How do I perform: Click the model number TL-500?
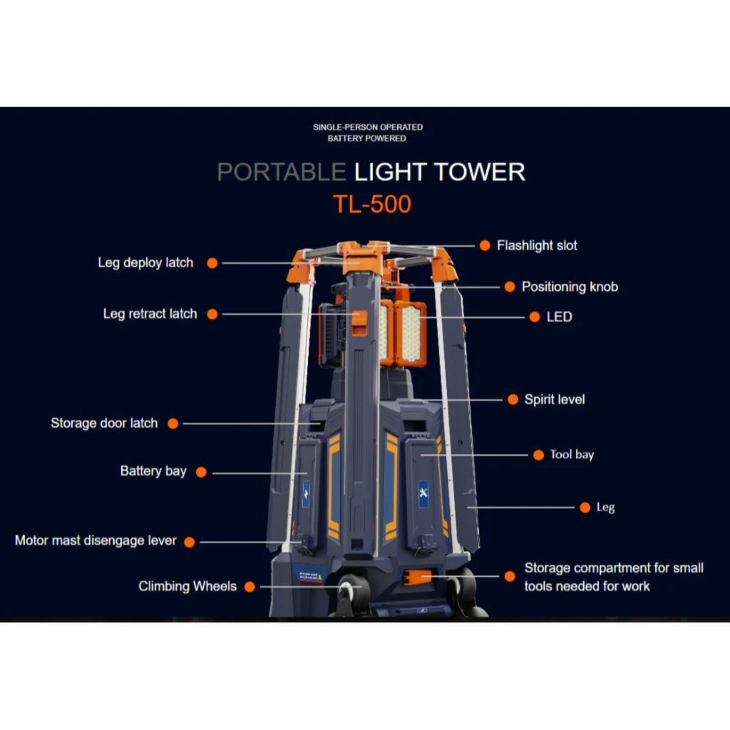click(371, 205)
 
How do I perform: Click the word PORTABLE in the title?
click(281, 172)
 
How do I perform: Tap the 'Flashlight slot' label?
click(537, 245)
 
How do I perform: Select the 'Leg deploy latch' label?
click(145, 262)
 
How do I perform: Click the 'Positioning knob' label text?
click(570, 287)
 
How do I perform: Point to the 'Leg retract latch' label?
click(150, 314)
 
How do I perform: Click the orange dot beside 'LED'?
click(535, 317)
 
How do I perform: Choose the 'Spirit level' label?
click(554, 399)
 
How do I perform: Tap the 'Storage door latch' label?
click(104, 423)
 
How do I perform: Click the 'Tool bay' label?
click(572, 454)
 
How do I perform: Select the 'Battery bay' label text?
click(153, 471)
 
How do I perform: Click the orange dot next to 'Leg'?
click(584, 508)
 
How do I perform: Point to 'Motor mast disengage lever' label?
click(96, 540)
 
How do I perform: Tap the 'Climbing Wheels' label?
click(187, 586)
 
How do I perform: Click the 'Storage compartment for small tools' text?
click(613, 577)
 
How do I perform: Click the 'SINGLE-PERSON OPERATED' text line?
click(368, 127)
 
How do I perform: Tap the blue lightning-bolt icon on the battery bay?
click(305, 493)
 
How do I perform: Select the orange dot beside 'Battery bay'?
click(201, 472)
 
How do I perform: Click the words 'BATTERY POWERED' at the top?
click(366, 138)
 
